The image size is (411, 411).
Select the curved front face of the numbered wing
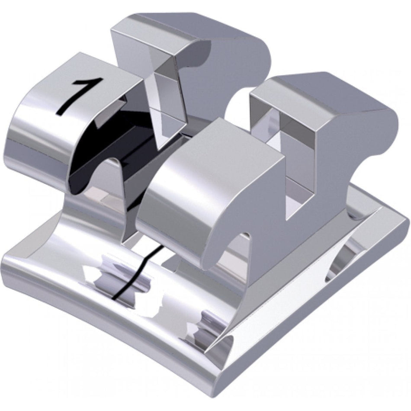tap(39, 143)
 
